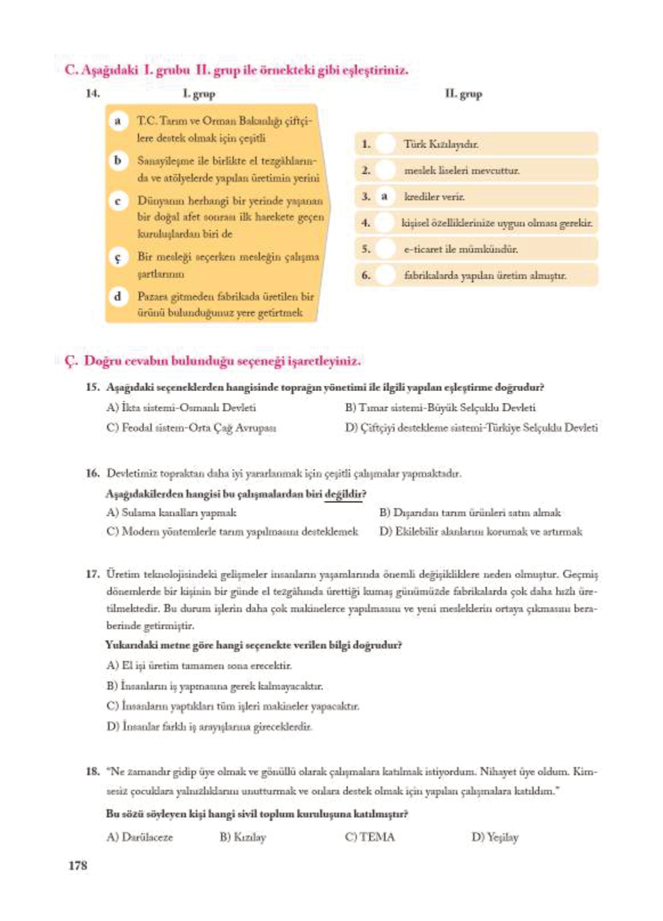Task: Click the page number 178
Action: click(78, 865)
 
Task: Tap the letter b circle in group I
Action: click(117, 161)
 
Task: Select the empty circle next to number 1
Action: click(386, 144)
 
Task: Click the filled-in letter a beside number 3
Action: click(385, 197)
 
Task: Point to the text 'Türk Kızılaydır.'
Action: click(441, 144)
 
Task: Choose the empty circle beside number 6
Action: click(386, 275)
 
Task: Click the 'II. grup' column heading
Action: click(463, 94)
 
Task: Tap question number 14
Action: click(92, 93)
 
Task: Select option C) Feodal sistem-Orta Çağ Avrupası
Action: click(191, 427)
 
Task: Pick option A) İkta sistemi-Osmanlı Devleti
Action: click(181, 407)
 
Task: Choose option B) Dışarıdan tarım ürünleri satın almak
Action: click(470, 512)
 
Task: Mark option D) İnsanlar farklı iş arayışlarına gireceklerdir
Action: click(209, 727)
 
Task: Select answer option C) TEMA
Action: click(369, 837)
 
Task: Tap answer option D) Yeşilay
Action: click(494, 837)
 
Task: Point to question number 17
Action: click(92, 574)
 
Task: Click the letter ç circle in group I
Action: click(117, 258)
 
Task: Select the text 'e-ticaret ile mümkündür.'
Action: click(461, 249)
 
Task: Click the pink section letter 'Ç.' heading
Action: click(71, 361)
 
